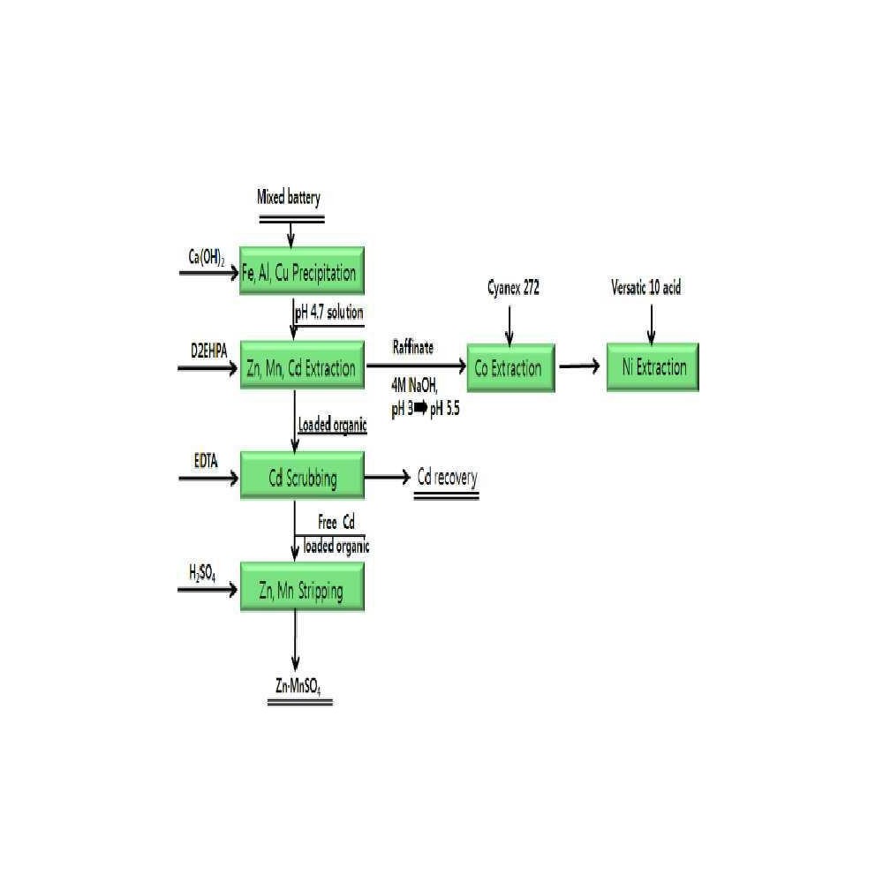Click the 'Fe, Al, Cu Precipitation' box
(302, 271)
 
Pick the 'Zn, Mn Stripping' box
(302, 587)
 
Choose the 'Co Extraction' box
(510, 367)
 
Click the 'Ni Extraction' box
(653, 366)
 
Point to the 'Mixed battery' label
(289, 197)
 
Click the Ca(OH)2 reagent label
(206, 257)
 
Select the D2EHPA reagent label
(209, 351)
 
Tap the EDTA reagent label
(206, 461)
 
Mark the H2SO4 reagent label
(202, 573)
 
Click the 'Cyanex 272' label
(513, 289)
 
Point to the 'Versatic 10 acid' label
(646, 288)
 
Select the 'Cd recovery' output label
(447, 478)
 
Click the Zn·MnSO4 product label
(298, 686)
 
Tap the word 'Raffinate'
(412, 347)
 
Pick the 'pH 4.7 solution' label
(328, 313)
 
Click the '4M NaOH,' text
(414, 386)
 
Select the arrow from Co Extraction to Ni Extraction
(579, 366)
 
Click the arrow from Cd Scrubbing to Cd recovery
(388, 478)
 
